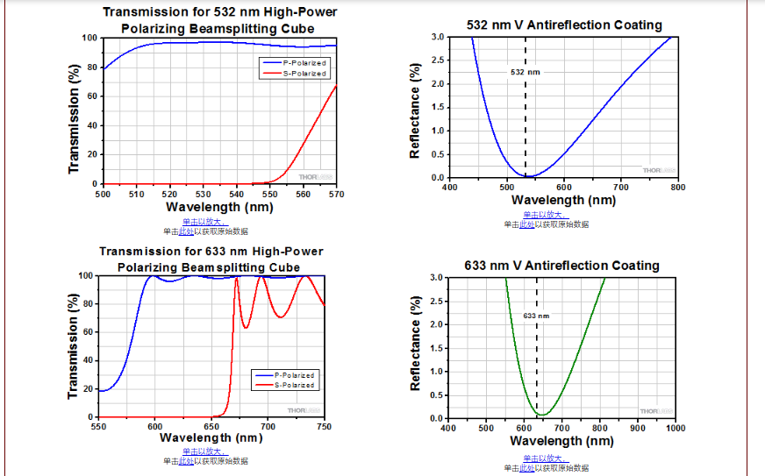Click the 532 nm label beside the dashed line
[519, 72]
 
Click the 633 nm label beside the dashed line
[536, 315]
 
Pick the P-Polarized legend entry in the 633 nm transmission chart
[294, 374]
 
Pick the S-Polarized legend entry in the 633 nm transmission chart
[294, 385]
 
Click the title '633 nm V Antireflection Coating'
[561, 265]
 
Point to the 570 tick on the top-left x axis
[336, 194]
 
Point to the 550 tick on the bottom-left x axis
[98, 427]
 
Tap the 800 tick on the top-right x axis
[677, 187]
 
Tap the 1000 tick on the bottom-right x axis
[675, 428]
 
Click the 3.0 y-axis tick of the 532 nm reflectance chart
[438, 37]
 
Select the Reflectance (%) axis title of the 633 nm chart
[416, 343]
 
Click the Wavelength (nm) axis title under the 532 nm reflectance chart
[564, 200]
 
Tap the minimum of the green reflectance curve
[544, 415]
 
